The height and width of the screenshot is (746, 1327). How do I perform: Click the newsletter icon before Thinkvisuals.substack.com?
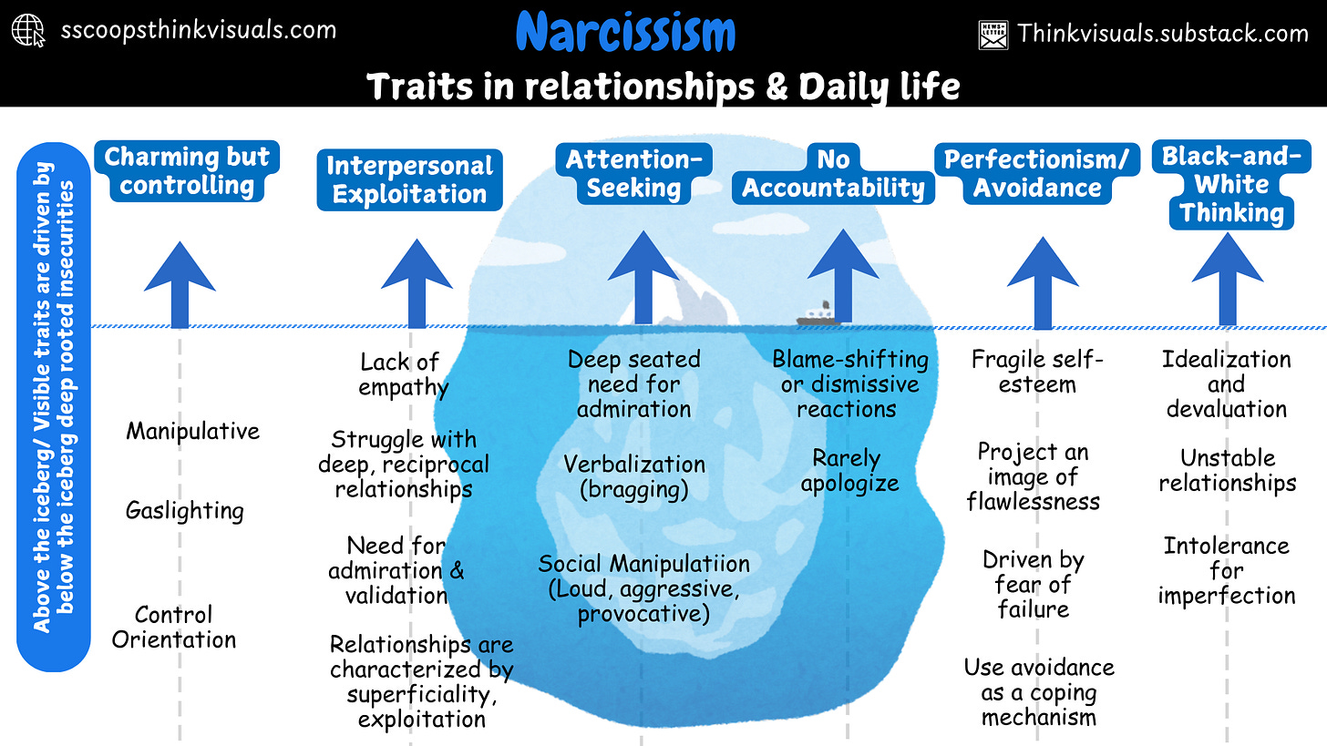click(x=993, y=35)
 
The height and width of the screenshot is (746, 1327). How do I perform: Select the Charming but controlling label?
click(x=187, y=171)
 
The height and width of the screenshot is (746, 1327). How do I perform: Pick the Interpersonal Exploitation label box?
click(x=409, y=180)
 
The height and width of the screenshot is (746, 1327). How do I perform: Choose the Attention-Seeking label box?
click(x=633, y=174)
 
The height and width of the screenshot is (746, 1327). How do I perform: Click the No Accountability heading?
click(x=833, y=174)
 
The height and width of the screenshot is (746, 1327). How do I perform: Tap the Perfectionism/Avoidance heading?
click(x=1036, y=174)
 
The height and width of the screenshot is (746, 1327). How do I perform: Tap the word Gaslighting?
click(x=185, y=511)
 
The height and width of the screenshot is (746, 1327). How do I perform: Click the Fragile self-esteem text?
click(x=1037, y=372)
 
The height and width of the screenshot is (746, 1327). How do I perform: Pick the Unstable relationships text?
click(x=1227, y=470)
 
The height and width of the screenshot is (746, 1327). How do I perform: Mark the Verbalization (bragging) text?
click(x=634, y=476)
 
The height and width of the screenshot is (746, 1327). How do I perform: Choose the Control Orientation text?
click(x=174, y=627)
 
